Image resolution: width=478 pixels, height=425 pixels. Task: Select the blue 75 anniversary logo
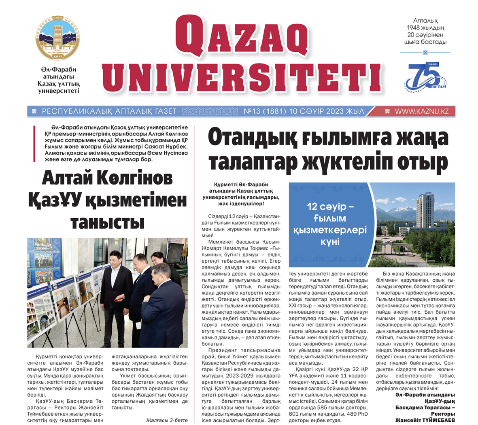pyautogui.click(x=425, y=76)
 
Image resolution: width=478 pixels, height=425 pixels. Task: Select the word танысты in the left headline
pyautogui.click(x=108, y=222)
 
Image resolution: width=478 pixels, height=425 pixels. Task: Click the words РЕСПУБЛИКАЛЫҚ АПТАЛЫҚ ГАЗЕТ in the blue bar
pyautogui.click(x=109, y=111)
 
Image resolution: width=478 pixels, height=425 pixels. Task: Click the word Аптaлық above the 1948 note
pyautogui.click(x=425, y=21)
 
